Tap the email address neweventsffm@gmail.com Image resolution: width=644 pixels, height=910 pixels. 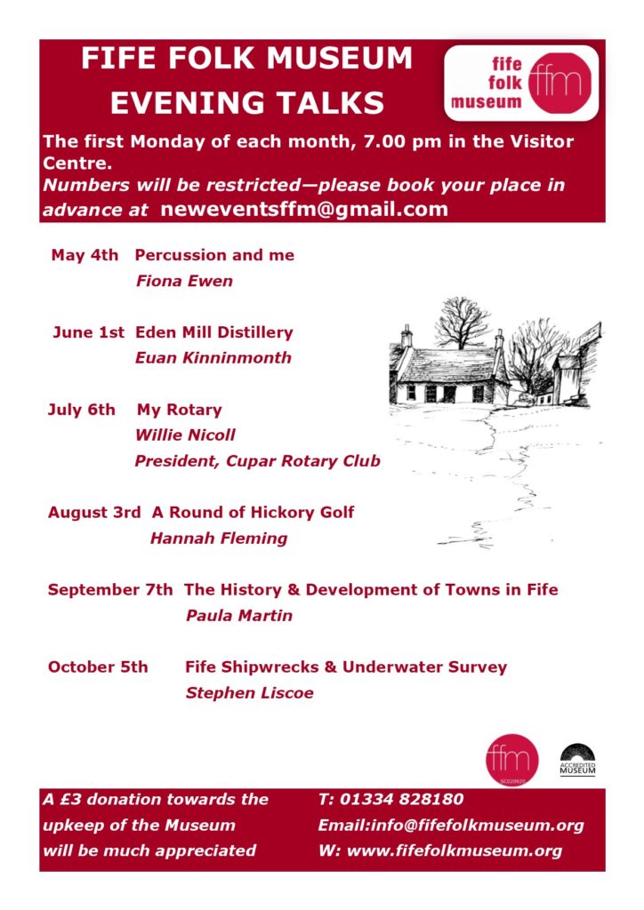[303, 210]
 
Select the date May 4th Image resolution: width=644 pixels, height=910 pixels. [85, 255]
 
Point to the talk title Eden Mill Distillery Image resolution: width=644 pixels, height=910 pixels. [213, 332]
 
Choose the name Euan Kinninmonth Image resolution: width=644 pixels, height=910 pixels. [213, 358]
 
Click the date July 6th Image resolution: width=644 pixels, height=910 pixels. [82, 410]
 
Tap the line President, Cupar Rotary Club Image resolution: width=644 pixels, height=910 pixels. [257, 461]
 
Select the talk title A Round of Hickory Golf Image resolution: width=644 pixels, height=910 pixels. [253, 512]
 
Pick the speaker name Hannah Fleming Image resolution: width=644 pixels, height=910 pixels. [219, 538]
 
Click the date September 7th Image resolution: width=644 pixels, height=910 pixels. [110, 589]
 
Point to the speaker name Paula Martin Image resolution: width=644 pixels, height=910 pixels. [238, 615]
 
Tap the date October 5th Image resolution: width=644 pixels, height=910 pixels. [98, 667]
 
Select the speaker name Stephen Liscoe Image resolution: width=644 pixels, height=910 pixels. [249, 693]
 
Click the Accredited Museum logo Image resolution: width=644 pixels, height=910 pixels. [577, 760]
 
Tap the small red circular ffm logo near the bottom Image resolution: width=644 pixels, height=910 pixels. [511, 760]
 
